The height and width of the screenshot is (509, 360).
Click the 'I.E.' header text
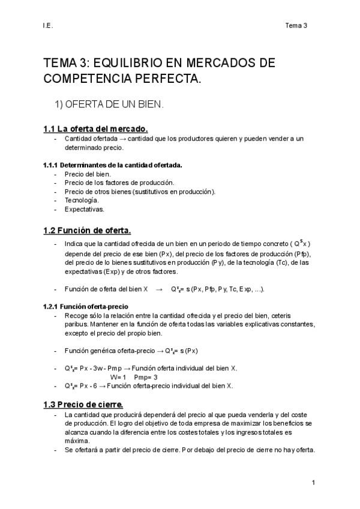coord(48,26)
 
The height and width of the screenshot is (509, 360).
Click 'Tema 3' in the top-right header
coord(296,26)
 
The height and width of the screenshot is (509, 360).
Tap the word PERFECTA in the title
coord(170,78)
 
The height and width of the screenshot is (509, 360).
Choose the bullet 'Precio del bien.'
coord(88,173)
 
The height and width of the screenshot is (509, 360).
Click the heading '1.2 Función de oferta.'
coord(86,230)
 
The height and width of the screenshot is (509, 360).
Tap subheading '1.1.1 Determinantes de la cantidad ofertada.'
coord(112,164)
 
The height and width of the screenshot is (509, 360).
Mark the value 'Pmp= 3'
coord(146,377)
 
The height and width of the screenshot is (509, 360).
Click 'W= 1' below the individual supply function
coord(119,377)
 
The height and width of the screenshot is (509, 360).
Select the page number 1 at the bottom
coord(314,483)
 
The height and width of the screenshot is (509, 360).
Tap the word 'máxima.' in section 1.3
coord(77,440)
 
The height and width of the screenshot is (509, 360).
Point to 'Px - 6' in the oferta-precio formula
coord(88,386)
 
